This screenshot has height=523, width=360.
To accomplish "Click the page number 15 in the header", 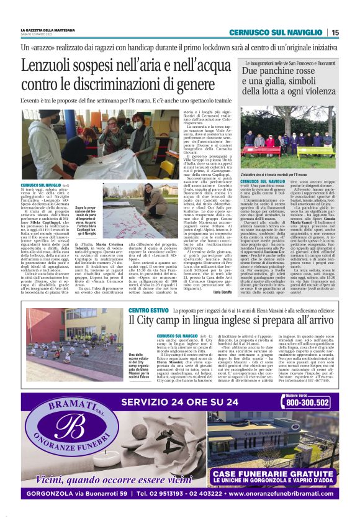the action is tap(335, 32).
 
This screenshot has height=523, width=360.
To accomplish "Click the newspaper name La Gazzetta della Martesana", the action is tap(48, 30).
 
